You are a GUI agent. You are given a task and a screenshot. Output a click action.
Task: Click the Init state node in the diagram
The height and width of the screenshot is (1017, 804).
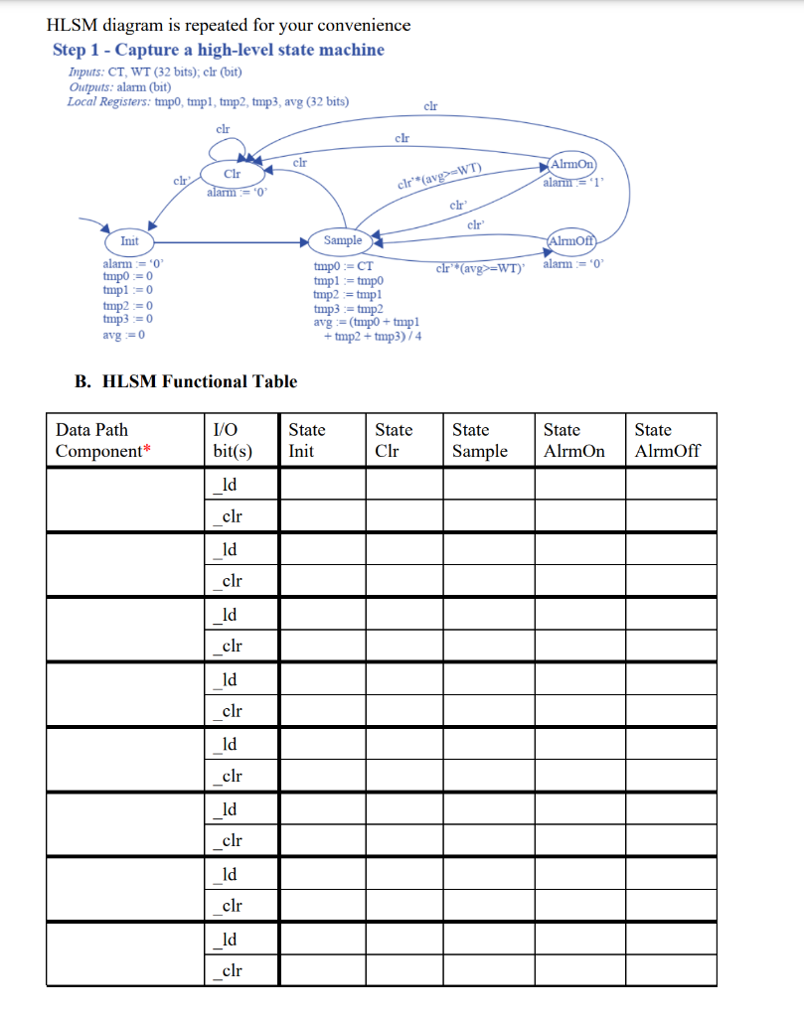[129, 241]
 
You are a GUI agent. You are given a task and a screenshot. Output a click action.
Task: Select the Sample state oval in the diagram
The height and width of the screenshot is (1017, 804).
[343, 240]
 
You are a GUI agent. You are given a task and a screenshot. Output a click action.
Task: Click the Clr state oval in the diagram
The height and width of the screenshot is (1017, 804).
[232, 174]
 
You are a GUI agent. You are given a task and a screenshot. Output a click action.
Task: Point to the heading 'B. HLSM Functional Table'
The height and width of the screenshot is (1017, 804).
[186, 381]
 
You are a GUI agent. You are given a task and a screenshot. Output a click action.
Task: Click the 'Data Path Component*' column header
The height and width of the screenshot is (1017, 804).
[104, 440]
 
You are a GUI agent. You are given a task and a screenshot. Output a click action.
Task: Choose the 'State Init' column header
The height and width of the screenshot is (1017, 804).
[306, 440]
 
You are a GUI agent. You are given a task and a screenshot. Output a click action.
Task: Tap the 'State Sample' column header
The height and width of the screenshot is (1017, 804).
[479, 440]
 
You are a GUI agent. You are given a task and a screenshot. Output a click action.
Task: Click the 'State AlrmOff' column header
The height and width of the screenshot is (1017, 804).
[667, 440]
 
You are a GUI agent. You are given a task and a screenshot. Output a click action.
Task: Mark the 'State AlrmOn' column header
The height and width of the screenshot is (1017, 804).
[573, 440]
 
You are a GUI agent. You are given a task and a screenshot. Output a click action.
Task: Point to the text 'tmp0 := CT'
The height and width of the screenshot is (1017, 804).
[343, 266]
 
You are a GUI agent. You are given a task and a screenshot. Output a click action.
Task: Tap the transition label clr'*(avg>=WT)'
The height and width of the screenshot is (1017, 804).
[480, 268]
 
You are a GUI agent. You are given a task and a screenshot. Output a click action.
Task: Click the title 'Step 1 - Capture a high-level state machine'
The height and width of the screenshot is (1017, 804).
[218, 50]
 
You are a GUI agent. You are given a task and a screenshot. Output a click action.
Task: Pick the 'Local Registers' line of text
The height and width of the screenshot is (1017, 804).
[208, 101]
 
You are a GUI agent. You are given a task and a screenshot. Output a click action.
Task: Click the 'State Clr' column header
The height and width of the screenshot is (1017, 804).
[394, 440]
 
